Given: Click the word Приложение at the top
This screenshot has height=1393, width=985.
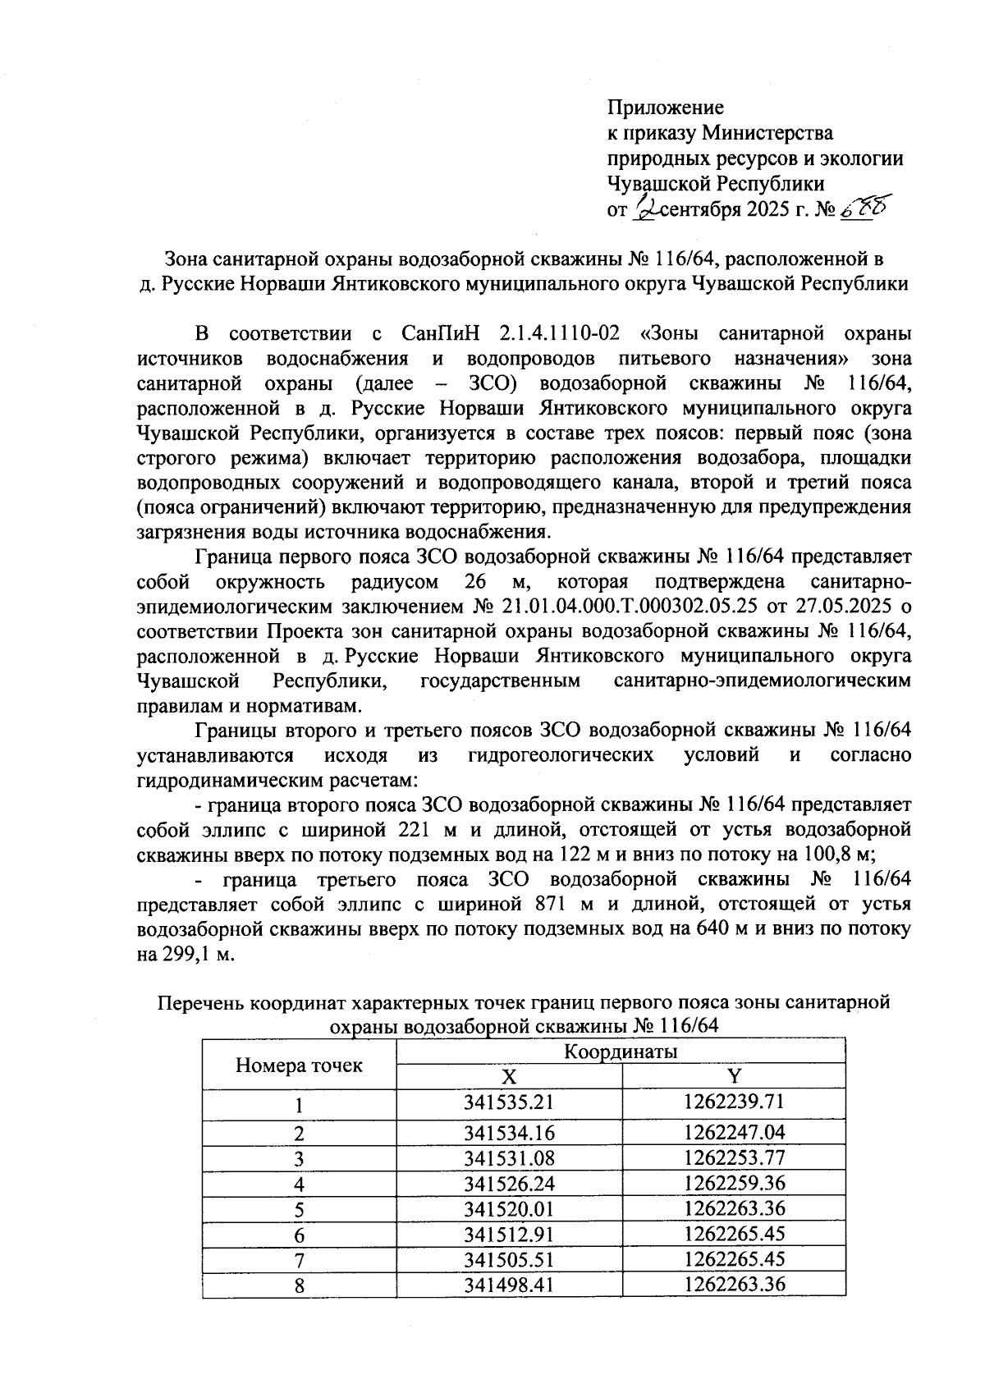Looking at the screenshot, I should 665,107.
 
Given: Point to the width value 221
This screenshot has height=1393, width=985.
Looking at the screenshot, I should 414,829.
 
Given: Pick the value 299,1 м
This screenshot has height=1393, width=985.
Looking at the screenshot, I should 187,955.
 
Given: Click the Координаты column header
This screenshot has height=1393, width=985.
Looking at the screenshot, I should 620,1052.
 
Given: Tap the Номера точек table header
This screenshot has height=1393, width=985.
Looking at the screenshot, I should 299,1065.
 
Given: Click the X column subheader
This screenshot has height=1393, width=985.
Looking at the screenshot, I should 509,1076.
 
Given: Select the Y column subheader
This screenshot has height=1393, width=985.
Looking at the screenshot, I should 734,1076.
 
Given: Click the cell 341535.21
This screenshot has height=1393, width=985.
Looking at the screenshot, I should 509,1102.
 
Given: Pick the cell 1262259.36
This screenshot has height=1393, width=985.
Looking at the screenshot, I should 734,1183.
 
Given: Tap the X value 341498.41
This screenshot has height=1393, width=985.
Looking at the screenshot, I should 509,1284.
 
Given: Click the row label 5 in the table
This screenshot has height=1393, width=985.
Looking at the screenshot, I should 300,1208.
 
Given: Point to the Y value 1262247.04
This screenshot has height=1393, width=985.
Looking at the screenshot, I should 734,1133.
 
